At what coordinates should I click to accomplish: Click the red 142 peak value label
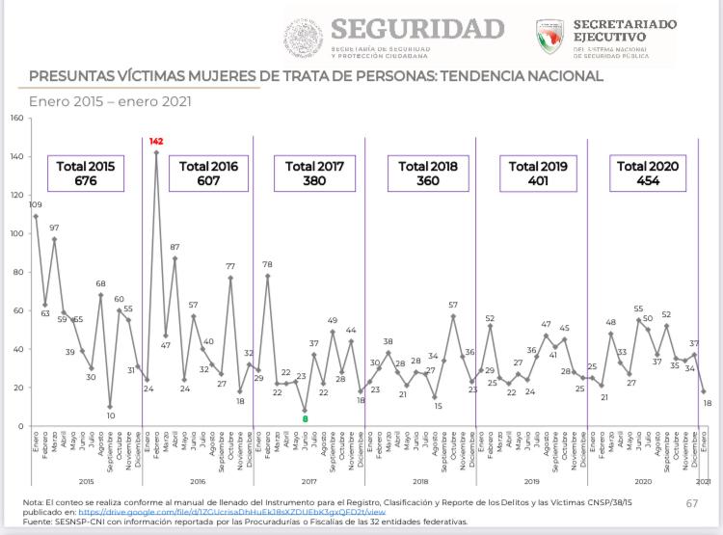coord(157,142)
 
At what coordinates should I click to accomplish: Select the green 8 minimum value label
coord(305,418)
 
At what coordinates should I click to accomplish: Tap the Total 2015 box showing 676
coord(85,174)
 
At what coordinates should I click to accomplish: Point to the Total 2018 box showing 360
coord(428,174)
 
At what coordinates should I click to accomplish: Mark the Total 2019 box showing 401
coord(539,174)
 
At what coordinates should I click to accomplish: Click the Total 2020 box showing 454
coord(647,174)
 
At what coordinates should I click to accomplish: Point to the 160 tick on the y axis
coord(15,119)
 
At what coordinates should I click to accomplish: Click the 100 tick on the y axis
coord(15,234)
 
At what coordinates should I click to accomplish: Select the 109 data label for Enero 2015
coord(36,205)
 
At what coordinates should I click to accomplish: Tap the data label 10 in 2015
coord(110,416)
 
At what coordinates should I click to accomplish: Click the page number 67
coord(692,503)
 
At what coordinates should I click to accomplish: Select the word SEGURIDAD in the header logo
coord(417,29)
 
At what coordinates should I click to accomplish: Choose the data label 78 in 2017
coord(267,264)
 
